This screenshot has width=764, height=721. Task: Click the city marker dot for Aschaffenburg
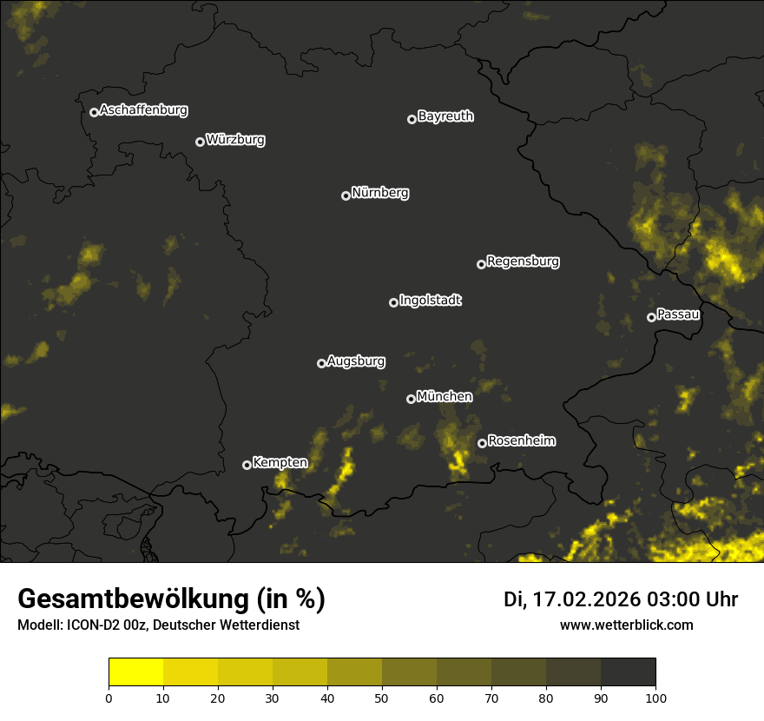94,112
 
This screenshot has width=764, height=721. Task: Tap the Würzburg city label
235,140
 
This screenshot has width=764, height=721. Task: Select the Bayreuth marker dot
412,119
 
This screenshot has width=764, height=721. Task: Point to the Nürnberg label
380,193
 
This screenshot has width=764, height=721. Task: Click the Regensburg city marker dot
481,264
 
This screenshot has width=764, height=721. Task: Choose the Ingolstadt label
431,301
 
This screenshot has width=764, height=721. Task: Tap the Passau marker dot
651,317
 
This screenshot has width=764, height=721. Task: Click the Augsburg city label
356,361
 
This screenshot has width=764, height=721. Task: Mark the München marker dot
411,399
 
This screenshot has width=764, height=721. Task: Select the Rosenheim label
521,441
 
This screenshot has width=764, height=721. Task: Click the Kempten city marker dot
247,465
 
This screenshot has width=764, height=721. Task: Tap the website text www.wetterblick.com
627,625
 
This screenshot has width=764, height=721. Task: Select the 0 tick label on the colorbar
109,698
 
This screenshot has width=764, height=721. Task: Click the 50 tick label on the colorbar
382,698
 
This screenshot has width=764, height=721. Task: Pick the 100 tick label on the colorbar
655,698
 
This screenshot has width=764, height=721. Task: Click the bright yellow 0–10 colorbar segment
135,672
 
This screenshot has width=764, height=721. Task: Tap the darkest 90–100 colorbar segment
629,672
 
